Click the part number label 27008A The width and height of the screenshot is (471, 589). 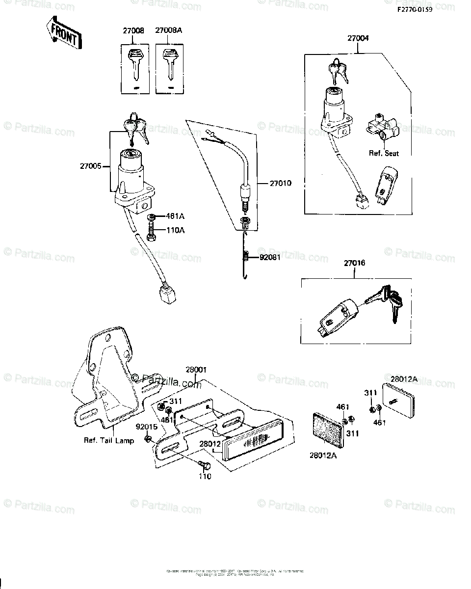tap(169, 30)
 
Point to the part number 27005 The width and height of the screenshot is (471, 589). tap(90, 166)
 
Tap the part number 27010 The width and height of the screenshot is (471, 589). tap(280, 184)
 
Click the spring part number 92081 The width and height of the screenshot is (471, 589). tap(270, 257)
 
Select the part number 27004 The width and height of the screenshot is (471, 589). tap(359, 38)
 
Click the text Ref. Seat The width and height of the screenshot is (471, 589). tap(384, 153)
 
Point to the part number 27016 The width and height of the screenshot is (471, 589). tap(355, 264)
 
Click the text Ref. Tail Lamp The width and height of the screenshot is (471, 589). tap(109, 440)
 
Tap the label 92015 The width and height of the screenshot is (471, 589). tap(146, 427)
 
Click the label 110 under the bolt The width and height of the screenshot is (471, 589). tap(205, 476)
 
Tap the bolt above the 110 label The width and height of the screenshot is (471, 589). tap(204, 464)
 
